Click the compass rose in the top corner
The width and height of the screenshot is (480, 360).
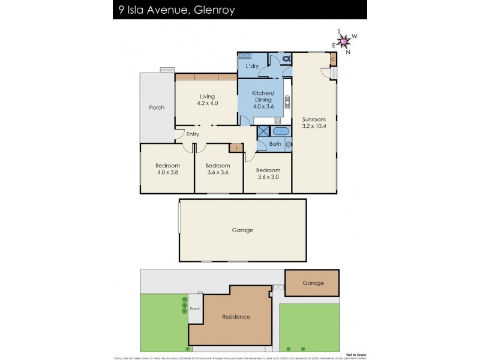point(344,41)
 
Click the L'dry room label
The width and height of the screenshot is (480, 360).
point(251,66)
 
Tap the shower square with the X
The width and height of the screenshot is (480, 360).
point(263,132)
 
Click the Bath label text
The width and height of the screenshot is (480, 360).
point(275,144)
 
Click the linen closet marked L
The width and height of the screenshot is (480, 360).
point(237,147)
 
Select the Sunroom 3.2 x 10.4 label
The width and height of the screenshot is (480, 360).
point(314,122)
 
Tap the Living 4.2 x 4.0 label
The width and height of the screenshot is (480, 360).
point(207,100)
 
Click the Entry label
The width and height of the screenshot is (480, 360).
point(193,134)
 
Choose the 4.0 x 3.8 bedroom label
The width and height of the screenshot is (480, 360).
point(167,169)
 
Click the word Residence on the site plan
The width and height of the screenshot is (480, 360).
point(236,317)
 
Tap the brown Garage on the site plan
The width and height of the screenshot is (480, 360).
point(313,283)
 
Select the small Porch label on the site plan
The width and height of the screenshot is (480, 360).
point(194,309)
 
